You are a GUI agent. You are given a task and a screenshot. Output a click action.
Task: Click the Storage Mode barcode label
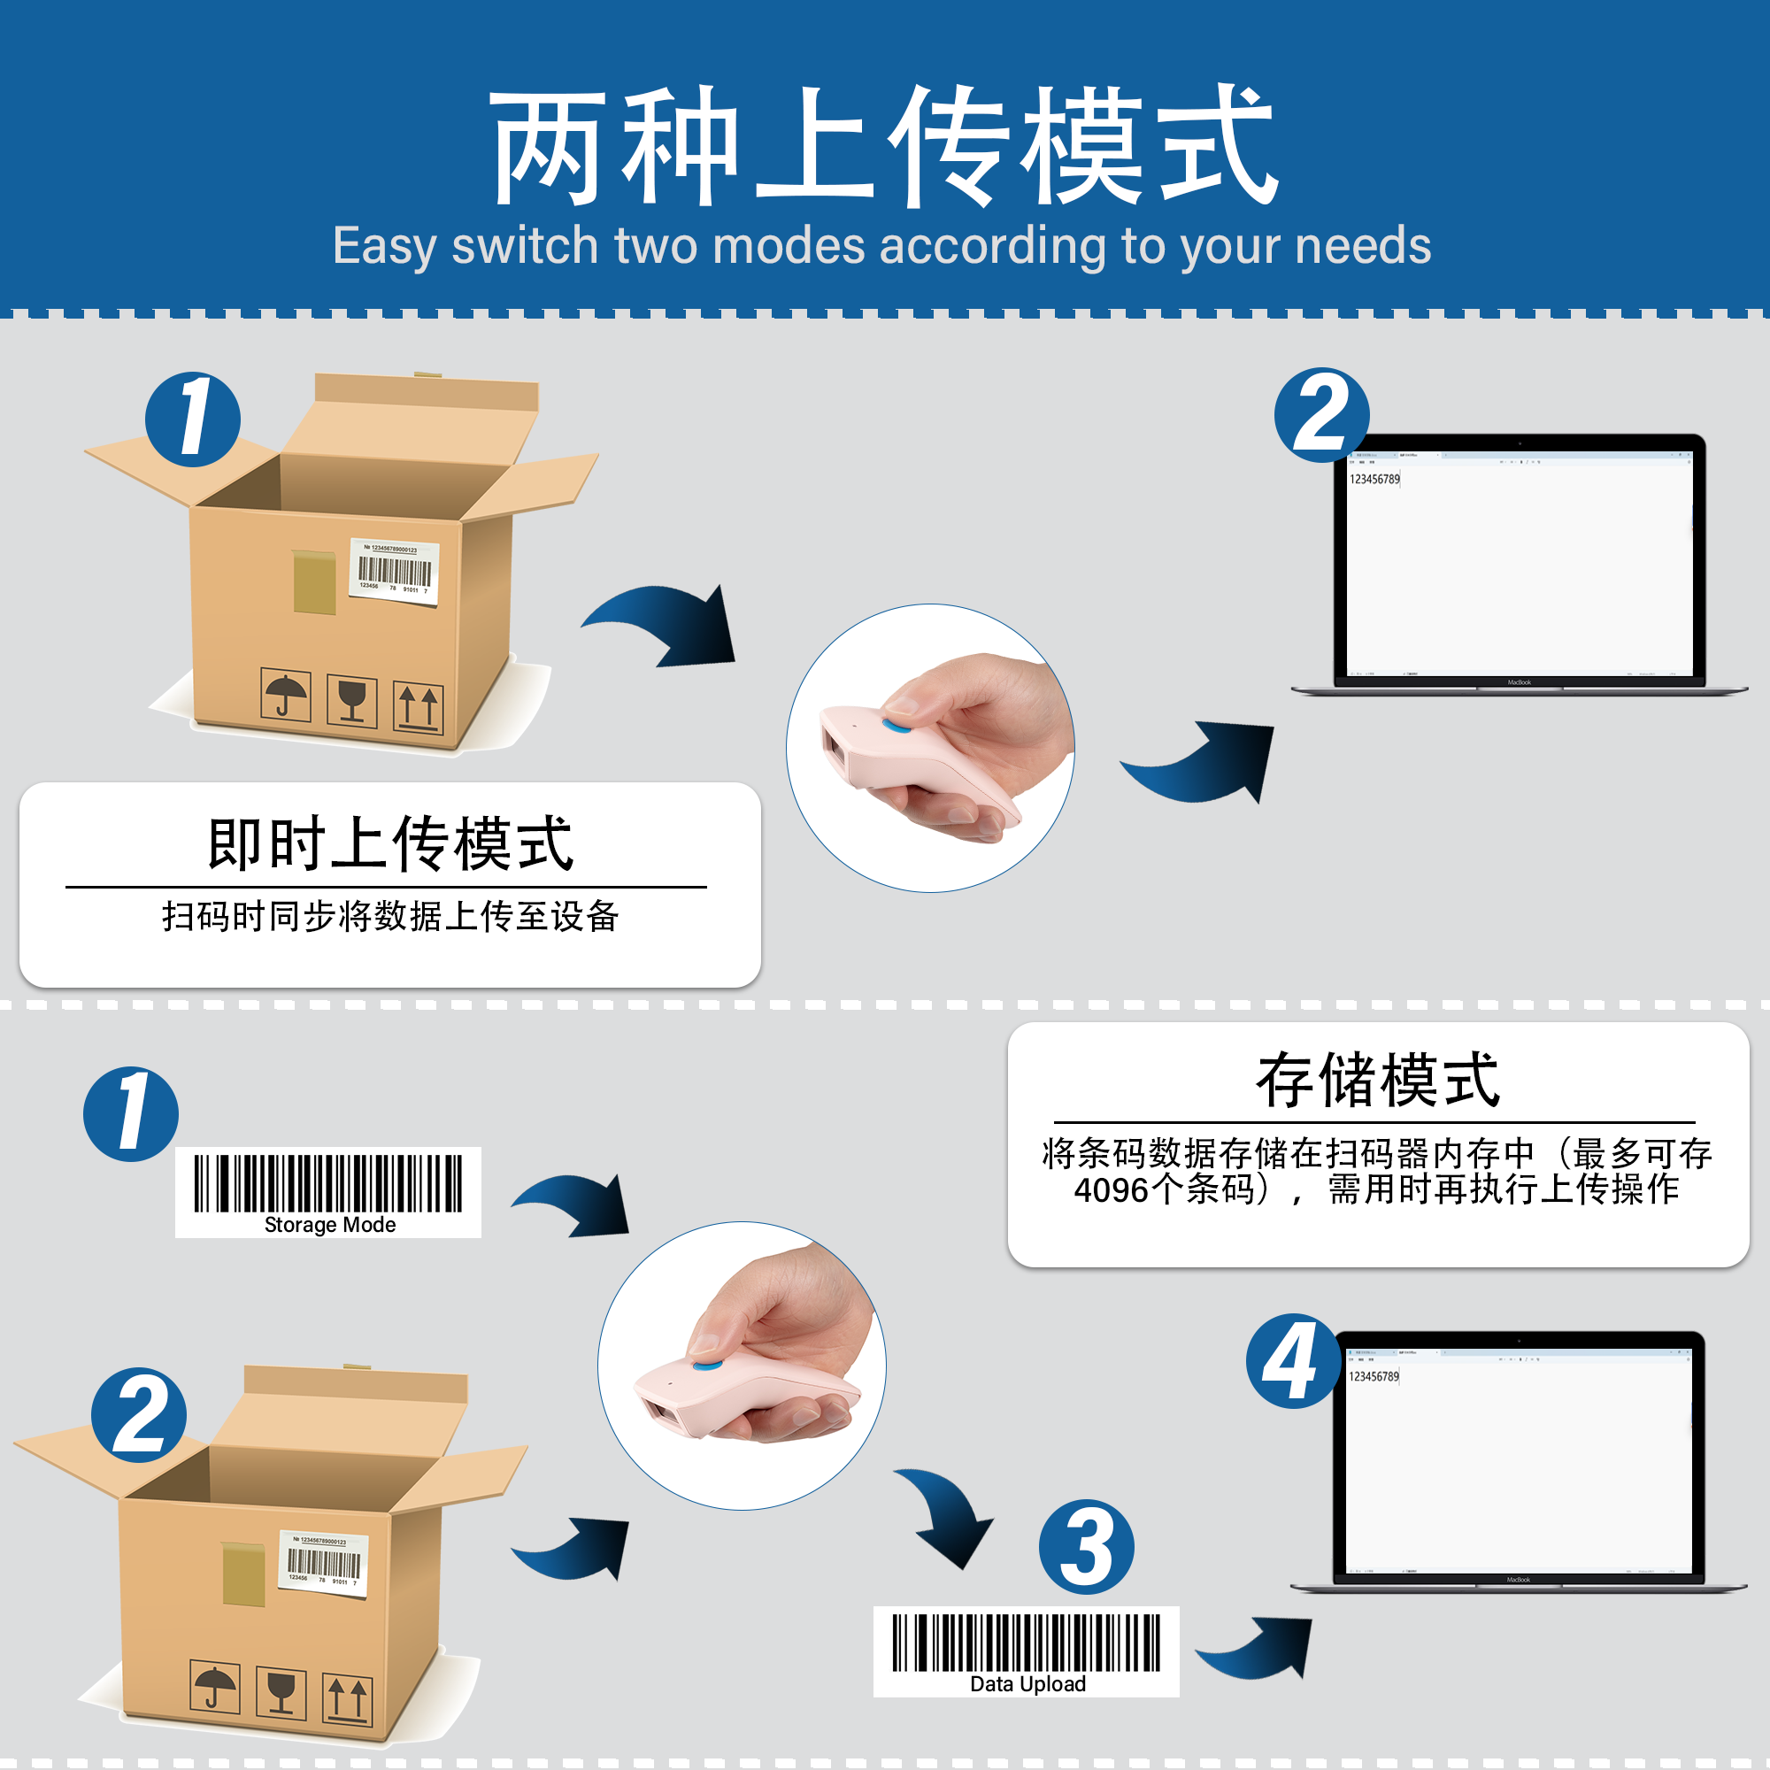click(328, 1192)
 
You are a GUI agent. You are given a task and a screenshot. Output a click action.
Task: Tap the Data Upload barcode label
click(1026, 1651)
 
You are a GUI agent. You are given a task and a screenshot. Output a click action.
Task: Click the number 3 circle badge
click(1087, 1547)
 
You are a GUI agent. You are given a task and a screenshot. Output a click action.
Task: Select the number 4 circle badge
click(1293, 1361)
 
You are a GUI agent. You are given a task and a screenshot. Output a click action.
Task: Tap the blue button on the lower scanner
click(706, 1365)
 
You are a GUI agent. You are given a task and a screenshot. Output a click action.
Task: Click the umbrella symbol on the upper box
click(286, 696)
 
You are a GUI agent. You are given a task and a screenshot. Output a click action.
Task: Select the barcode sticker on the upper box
click(395, 572)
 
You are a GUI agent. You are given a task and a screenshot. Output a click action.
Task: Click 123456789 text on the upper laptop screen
click(1374, 479)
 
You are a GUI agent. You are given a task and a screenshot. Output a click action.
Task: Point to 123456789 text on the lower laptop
click(1374, 1376)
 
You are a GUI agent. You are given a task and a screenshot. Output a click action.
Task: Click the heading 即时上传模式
click(390, 843)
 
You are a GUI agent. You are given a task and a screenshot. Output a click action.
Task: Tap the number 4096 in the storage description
click(1111, 1191)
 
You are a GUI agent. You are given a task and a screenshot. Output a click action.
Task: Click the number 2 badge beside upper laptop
click(1321, 415)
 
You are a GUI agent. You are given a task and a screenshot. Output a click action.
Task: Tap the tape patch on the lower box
click(243, 1572)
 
